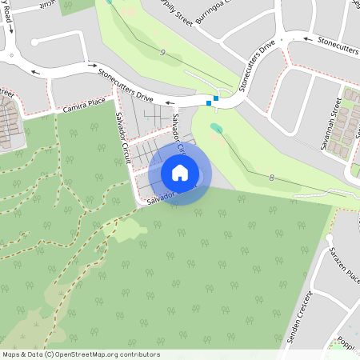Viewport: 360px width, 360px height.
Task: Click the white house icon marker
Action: point(180,172)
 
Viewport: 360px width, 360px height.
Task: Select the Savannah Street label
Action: point(338,116)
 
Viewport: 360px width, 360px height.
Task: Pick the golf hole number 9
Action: point(162,53)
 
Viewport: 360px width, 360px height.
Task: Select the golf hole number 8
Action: point(271,178)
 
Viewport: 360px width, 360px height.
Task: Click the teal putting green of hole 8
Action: point(217,127)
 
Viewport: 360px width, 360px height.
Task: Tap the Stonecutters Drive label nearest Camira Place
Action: point(126,83)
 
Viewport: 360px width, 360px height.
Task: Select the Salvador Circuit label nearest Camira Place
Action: point(124,139)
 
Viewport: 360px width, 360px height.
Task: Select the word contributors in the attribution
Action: point(142,354)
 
